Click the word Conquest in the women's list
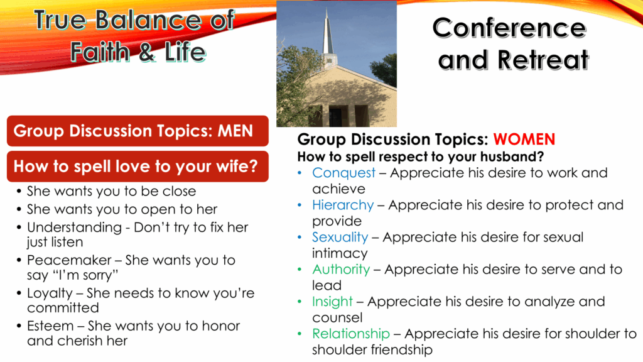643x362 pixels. click(x=343, y=173)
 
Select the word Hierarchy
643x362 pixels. click(x=343, y=206)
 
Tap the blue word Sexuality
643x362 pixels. click(x=340, y=238)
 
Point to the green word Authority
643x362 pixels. click(x=341, y=270)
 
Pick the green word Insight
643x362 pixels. click(x=332, y=302)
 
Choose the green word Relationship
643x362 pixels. click(x=351, y=334)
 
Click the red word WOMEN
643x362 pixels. click(x=524, y=140)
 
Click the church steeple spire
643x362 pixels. click(x=327, y=33)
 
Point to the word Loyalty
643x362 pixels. click(x=50, y=293)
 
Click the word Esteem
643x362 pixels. click(x=50, y=326)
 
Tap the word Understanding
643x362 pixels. click(x=75, y=228)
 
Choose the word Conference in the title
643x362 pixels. click(x=509, y=28)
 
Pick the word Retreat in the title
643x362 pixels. click(x=543, y=60)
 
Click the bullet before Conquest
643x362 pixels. click(x=300, y=173)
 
